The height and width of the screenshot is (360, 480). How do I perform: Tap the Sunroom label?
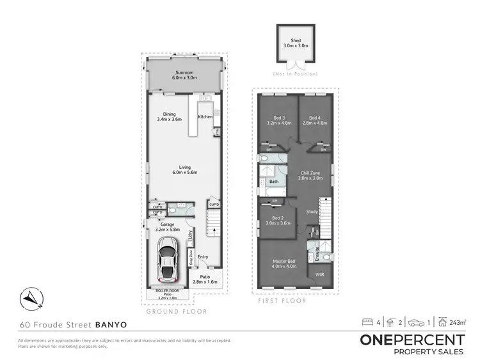[184, 73]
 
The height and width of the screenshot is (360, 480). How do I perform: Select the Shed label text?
[296, 42]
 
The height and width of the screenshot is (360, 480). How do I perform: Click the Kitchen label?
[205, 116]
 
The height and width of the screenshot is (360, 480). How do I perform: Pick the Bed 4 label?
[314, 117]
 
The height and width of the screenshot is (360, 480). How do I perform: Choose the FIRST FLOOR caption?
[282, 301]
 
